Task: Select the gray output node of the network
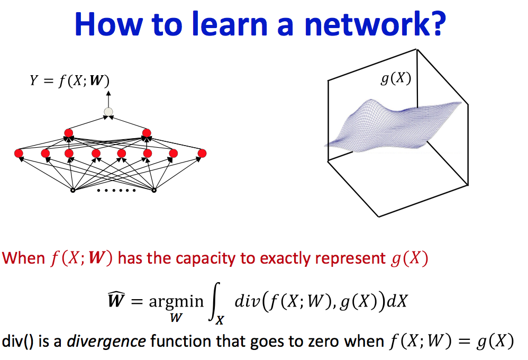coord(108,112)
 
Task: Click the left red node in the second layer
coord(68,132)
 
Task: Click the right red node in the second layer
coord(147,132)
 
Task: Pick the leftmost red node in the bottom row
coord(19,154)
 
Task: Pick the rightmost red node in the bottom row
coord(202,154)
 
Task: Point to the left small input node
coord(73,190)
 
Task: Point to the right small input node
coord(154,190)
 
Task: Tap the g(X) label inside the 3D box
coord(396,79)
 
